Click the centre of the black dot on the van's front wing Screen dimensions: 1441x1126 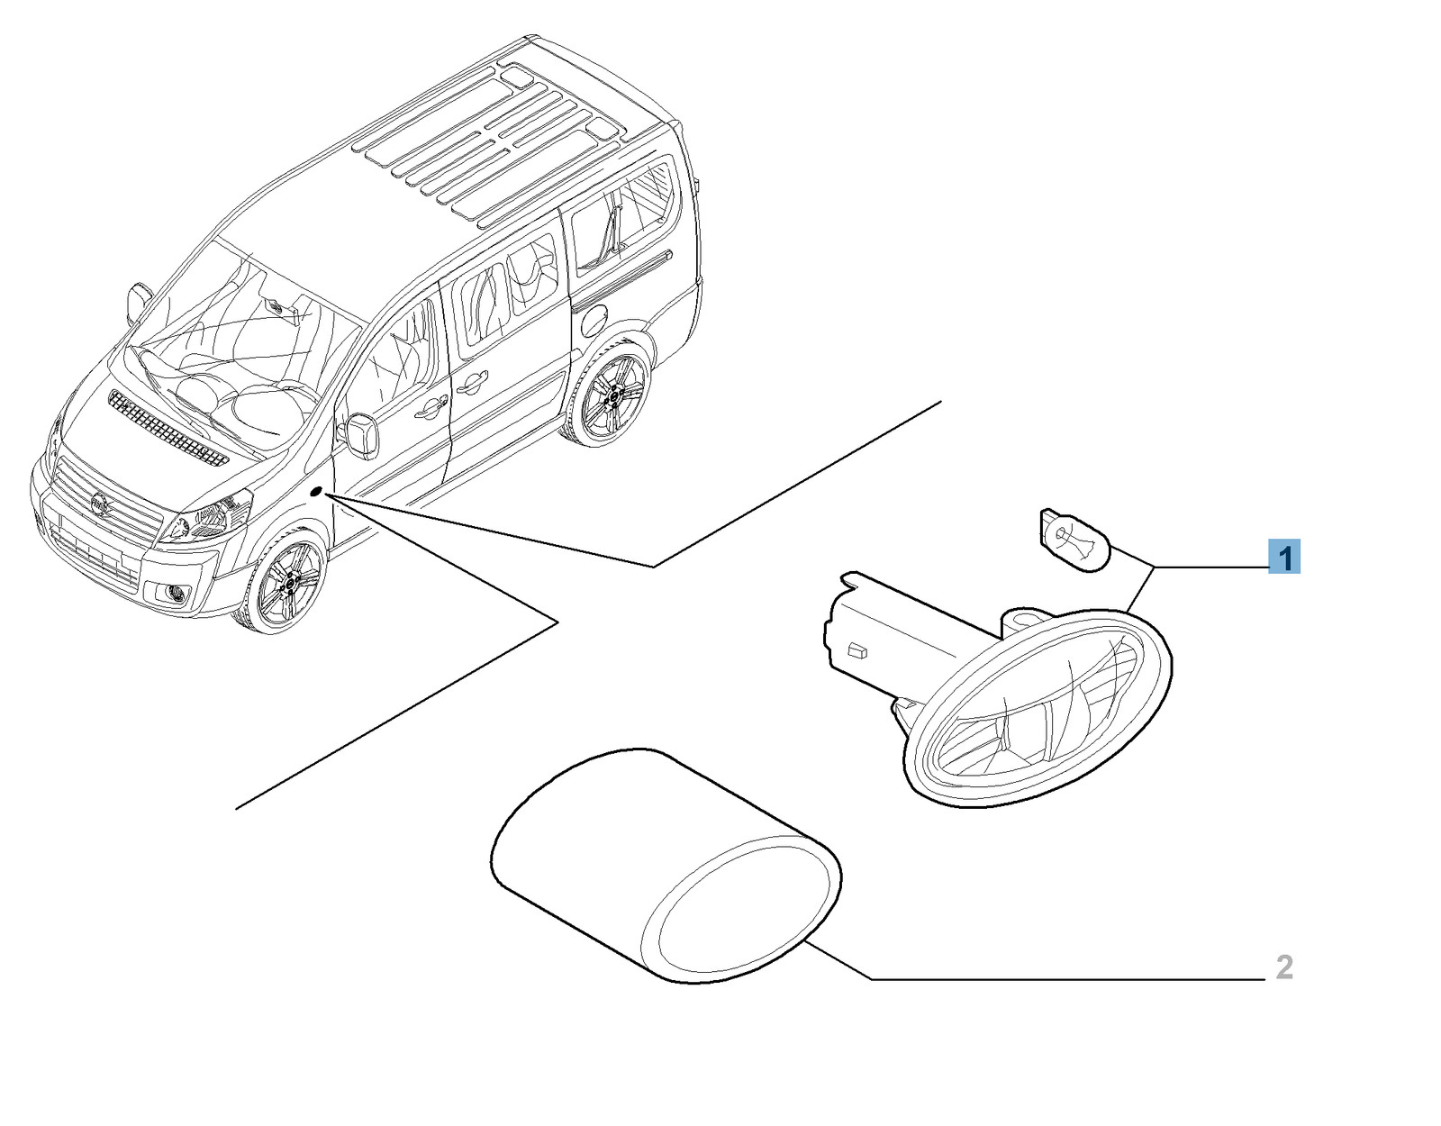tap(316, 491)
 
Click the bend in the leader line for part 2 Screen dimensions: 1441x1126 tap(872, 979)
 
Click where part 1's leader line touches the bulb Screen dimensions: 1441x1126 tap(1110, 545)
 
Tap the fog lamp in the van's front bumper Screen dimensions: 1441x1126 tap(177, 595)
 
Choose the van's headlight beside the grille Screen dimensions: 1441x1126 tap(205, 516)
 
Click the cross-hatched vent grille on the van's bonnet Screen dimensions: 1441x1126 tap(168, 428)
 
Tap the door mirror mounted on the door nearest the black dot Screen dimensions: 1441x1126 tap(360, 435)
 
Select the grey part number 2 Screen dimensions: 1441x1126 tap(1284, 968)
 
